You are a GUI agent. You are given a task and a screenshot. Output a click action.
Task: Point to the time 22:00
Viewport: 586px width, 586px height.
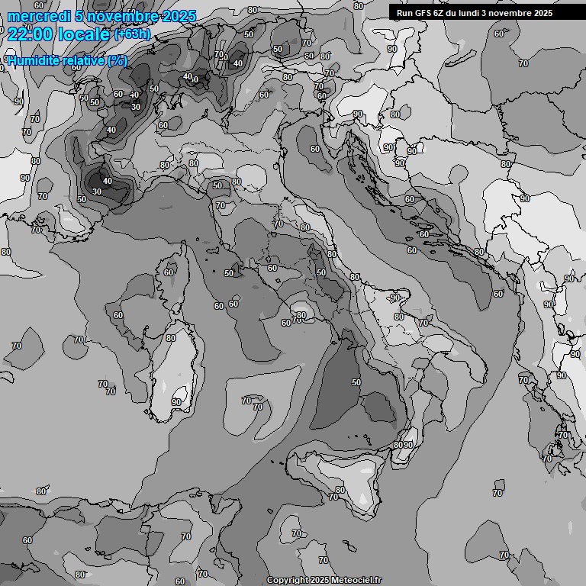click(x=30, y=34)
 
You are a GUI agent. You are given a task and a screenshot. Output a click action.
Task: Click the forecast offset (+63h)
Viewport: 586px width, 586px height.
click(x=132, y=34)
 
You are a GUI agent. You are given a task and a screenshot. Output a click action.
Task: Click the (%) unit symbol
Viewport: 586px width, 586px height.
click(x=118, y=60)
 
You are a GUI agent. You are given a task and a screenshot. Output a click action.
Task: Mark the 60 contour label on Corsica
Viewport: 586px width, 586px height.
click(x=169, y=272)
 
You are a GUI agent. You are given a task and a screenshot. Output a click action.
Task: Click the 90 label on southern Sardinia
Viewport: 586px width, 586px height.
click(x=176, y=401)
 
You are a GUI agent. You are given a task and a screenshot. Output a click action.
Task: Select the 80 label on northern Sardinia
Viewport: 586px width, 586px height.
click(x=170, y=338)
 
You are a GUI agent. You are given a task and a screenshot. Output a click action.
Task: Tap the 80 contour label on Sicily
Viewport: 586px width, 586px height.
click(x=340, y=489)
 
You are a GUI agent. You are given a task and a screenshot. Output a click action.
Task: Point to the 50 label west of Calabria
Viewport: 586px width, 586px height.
click(x=356, y=382)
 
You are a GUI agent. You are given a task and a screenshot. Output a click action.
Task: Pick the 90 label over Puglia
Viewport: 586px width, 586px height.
click(x=395, y=298)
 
